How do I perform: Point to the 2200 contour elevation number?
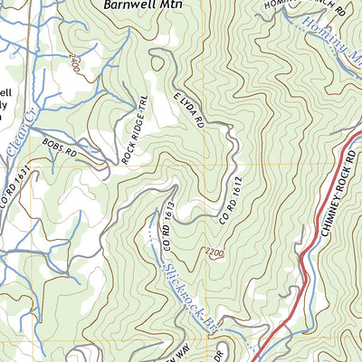coord(214,252)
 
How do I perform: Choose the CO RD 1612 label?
coord(231,204)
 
